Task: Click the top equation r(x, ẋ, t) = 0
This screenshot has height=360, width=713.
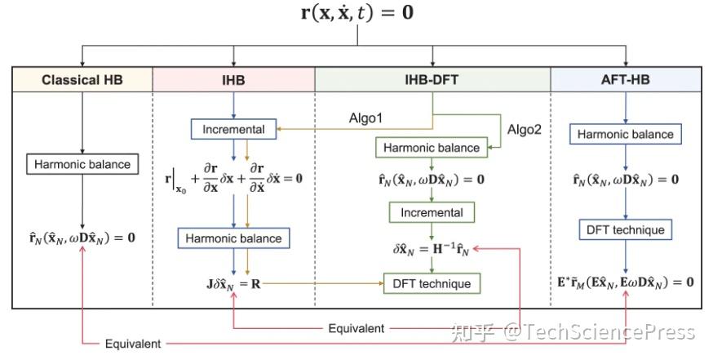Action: pyautogui.click(x=356, y=15)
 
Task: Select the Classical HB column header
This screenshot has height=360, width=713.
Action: pyautogui.click(x=82, y=80)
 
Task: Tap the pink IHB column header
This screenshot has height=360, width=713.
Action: pyautogui.click(x=233, y=80)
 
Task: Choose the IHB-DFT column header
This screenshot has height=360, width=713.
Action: pyautogui.click(x=432, y=80)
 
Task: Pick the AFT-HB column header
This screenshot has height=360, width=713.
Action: pyautogui.click(x=626, y=80)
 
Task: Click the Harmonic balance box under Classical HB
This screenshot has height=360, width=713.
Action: pyautogui.click(x=82, y=164)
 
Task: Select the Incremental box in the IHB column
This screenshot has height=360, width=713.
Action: pyautogui.click(x=233, y=129)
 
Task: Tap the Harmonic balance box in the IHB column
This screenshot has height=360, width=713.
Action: pyautogui.click(x=233, y=238)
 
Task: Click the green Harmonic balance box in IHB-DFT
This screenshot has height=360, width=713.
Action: pyautogui.click(x=432, y=148)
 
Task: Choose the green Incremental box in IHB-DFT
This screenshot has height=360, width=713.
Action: pyautogui.click(x=432, y=212)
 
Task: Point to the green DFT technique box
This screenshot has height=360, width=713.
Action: pyautogui.click(x=432, y=283)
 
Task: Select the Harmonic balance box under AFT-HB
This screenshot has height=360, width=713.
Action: pyautogui.click(x=626, y=134)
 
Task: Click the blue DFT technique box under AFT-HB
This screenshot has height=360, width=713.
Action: pyautogui.click(x=626, y=229)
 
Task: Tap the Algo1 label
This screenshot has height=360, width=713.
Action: pyautogui.click(x=366, y=118)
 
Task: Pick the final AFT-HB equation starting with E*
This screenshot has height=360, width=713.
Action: pyautogui.click(x=626, y=282)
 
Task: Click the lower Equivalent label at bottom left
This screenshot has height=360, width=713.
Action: pyautogui.click(x=133, y=344)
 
